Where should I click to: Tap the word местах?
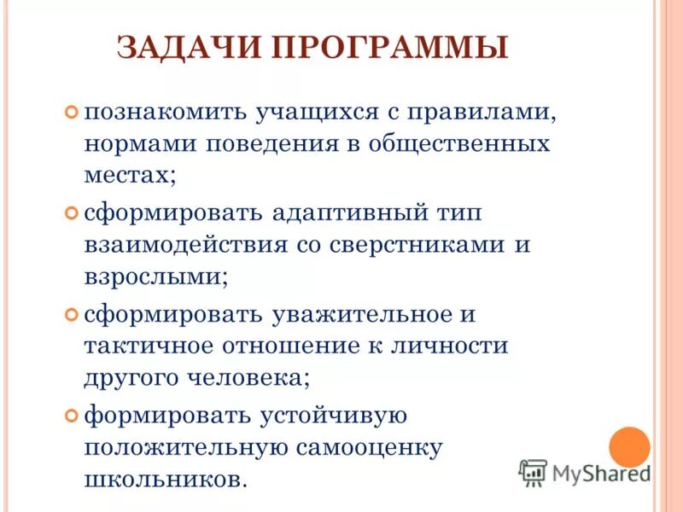pyautogui.click(x=130, y=175)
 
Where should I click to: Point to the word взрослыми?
pyautogui.click(x=155, y=277)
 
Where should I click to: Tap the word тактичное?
pyautogui.click(x=148, y=346)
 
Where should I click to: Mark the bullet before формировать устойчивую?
pyautogui.click(x=71, y=416)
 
